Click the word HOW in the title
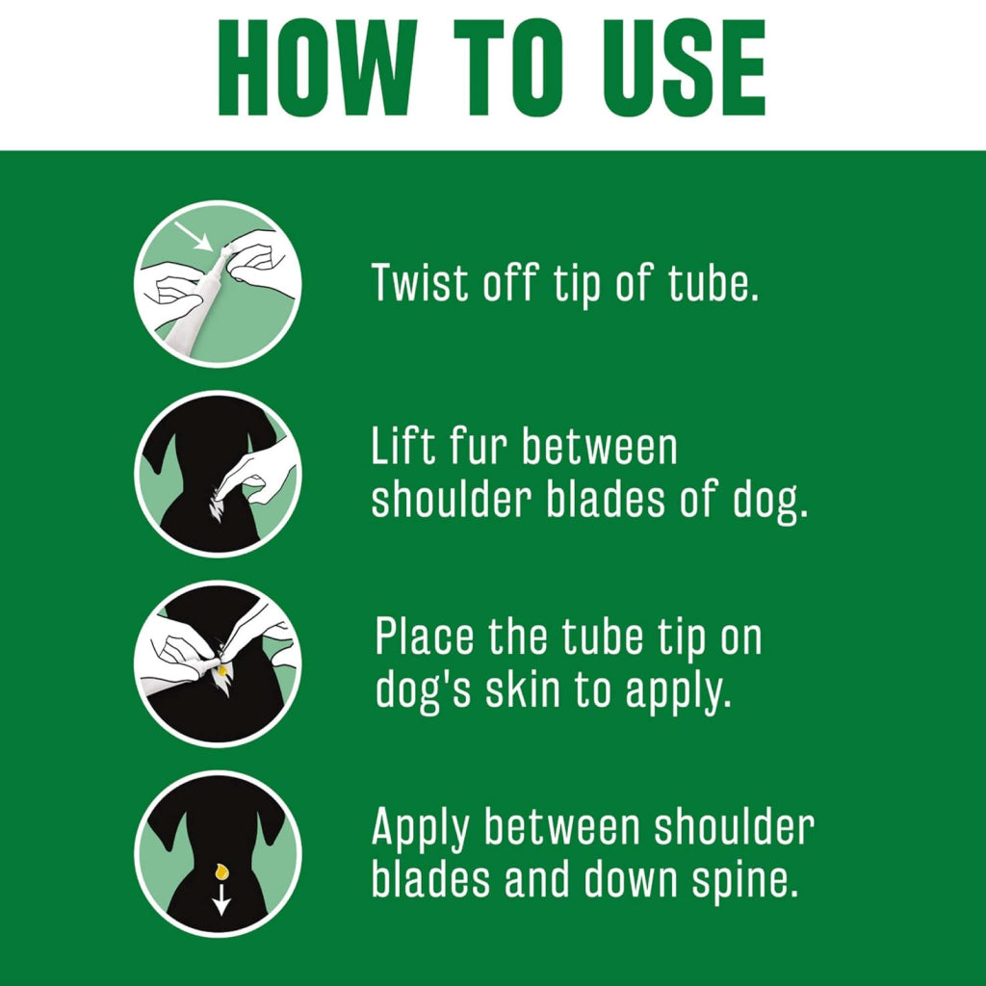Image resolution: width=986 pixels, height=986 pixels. click(x=317, y=68)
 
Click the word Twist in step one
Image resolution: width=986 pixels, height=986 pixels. click(x=421, y=282)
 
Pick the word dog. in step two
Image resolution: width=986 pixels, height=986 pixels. click(x=770, y=501)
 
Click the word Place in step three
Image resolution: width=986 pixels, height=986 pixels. click(x=425, y=637)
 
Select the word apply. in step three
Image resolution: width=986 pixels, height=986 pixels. click(x=679, y=693)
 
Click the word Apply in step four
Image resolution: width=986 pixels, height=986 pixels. click(x=421, y=829)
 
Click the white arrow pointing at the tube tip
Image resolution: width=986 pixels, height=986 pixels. click(x=194, y=236)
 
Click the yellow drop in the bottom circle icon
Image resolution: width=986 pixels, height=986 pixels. click(x=221, y=871)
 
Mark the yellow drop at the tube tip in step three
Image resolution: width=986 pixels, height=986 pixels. click(x=222, y=671)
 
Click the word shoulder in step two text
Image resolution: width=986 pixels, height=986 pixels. click(x=451, y=501)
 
